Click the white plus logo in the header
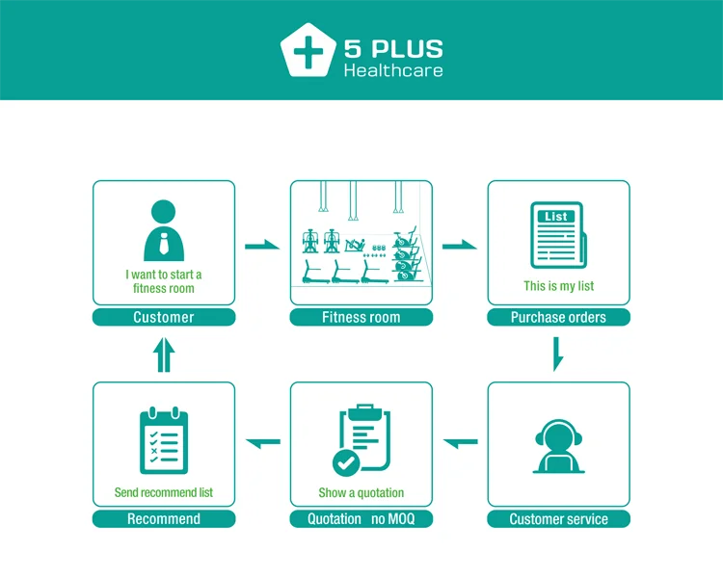[x=308, y=51]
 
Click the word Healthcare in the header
[x=393, y=70]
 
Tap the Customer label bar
[x=164, y=317]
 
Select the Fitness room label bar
[x=361, y=317]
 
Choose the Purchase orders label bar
[x=558, y=317]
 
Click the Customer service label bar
[x=558, y=519]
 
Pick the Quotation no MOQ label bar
[x=361, y=519]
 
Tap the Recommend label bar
[x=164, y=519]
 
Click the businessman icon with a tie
[x=164, y=230]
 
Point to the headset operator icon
[x=558, y=446]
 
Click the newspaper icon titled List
[x=558, y=234]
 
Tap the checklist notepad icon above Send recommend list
[x=164, y=441]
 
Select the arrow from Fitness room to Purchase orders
[x=459, y=246]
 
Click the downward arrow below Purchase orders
[x=557, y=354]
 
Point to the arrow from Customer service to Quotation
[x=460, y=442]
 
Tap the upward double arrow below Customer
[x=164, y=355]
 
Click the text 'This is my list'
[x=558, y=286]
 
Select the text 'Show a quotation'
[x=361, y=492]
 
